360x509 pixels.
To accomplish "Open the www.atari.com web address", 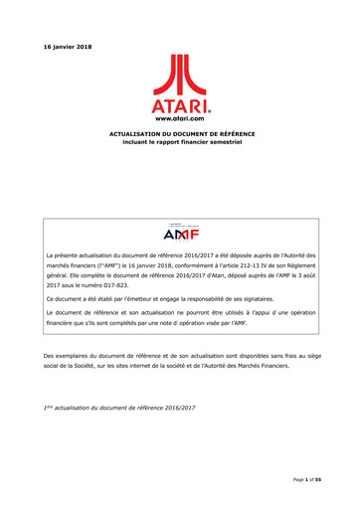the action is coord(180,115).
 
